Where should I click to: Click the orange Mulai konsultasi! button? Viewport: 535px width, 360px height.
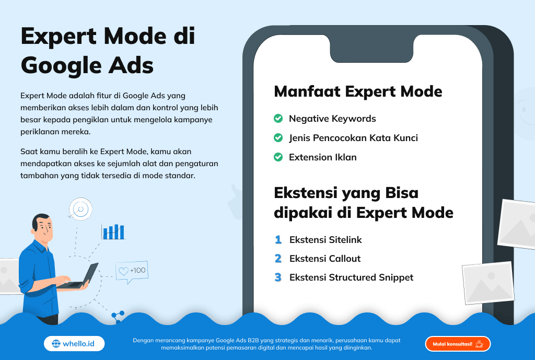[x=458, y=344]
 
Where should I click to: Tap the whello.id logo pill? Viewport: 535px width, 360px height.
[x=74, y=344]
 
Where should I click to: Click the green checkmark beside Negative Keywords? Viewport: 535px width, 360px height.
[x=278, y=119]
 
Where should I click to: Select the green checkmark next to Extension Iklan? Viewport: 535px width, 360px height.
[x=278, y=157]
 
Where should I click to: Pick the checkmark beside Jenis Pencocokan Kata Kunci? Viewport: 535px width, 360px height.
[x=278, y=137]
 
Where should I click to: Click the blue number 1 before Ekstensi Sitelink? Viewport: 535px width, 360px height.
[x=278, y=239]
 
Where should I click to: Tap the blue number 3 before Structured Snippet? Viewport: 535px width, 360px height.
[x=278, y=277]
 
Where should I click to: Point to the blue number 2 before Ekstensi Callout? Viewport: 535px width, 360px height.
[x=278, y=258]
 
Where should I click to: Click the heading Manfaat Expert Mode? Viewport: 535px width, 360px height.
[x=358, y=91]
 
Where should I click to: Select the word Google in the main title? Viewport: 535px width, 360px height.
[x=61, y=65]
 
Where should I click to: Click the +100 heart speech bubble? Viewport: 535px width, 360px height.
[x=132, y=272]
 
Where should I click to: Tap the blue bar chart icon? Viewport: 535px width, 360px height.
[x=113, y=231]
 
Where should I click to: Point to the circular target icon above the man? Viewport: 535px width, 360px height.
[x=80, y=208]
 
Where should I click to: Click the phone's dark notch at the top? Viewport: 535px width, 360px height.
[x=371, y=49]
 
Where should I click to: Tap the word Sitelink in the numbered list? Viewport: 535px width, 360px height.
[x=345, y=239]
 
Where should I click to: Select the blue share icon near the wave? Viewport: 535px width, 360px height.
[x=118, y=317]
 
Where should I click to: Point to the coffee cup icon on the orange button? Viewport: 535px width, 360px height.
[x=480, y=344]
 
